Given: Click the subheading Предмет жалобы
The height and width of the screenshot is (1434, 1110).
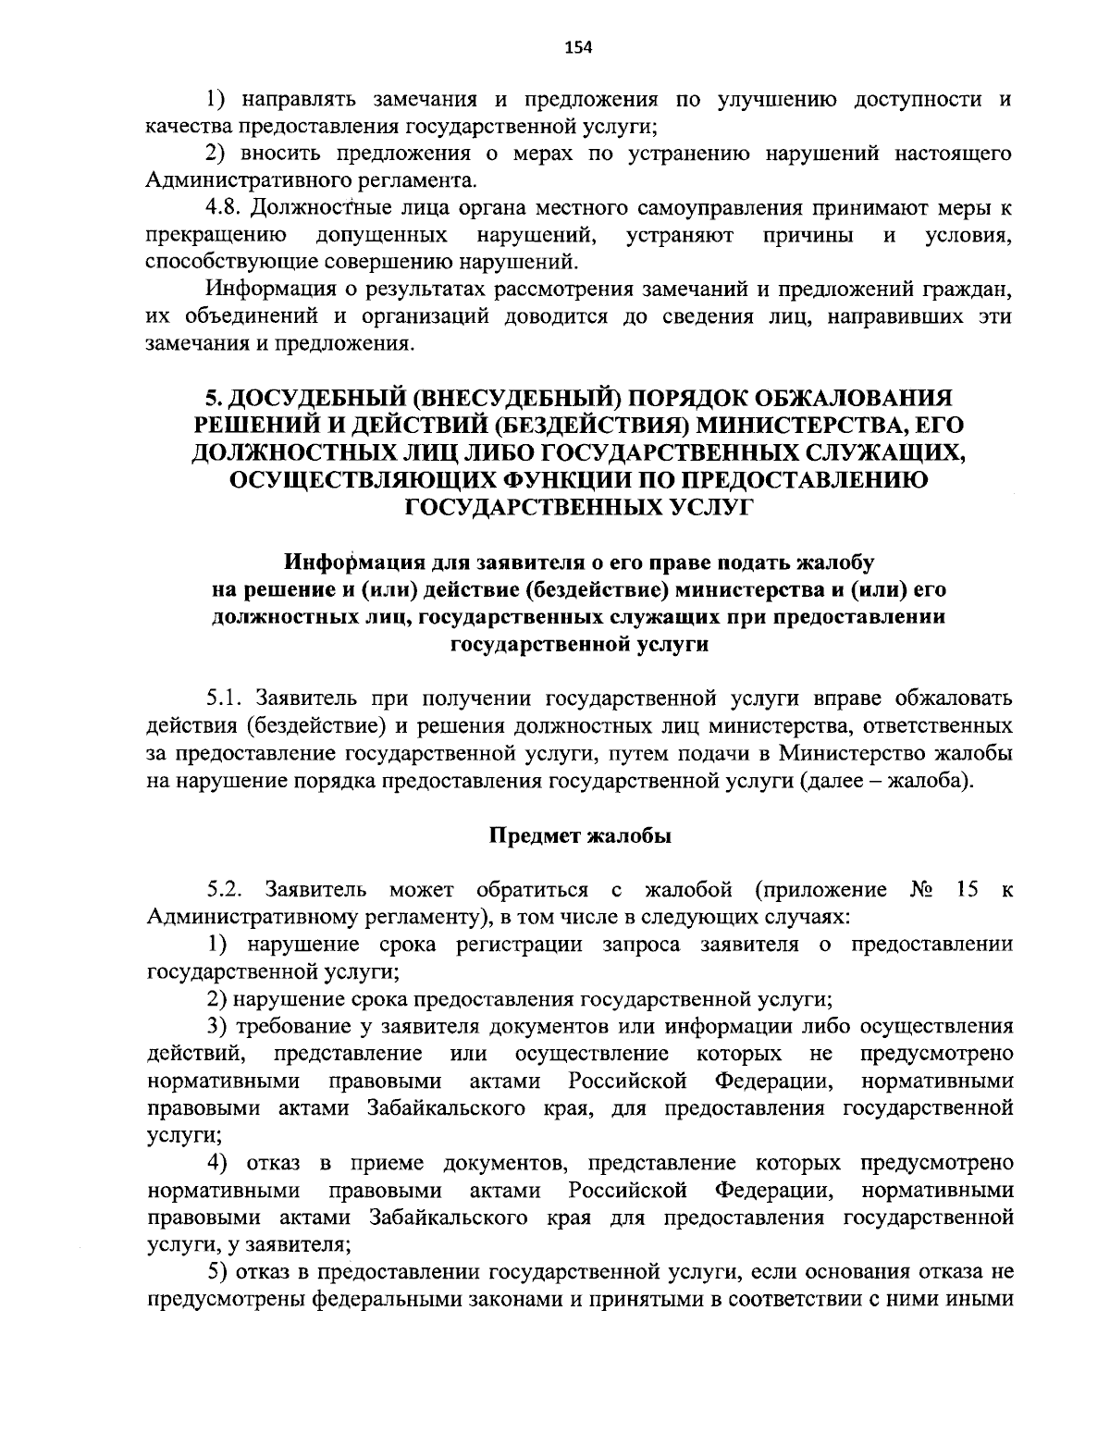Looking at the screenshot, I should click(x=579, y=836).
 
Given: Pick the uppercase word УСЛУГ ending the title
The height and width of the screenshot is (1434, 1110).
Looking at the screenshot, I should click(x=706, y=506).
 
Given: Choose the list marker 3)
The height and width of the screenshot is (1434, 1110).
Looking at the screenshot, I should click(x=217, y=1027).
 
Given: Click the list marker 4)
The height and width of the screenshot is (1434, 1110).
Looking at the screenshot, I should click(x=218, y=1162).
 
